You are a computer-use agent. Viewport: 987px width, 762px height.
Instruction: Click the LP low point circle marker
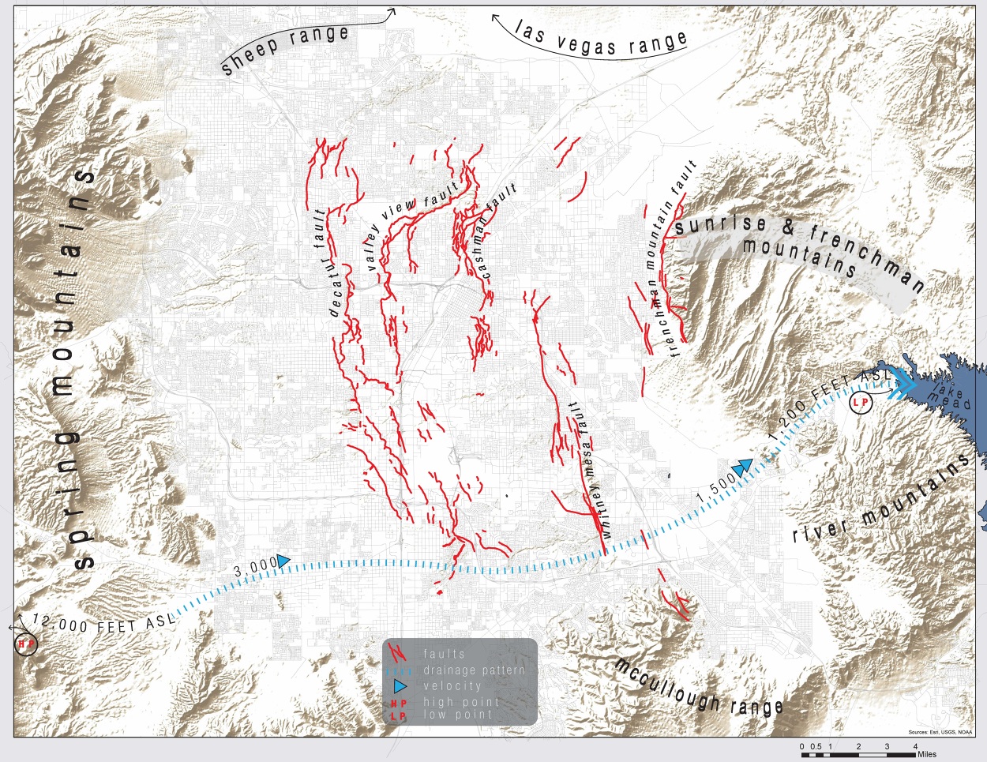pos(861,403)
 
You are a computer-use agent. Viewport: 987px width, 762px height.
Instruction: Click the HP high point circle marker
pos(26,644)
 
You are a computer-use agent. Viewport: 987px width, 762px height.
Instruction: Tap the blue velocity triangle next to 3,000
pos(283,561)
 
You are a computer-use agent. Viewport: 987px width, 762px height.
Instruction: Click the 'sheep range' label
pos(284,49)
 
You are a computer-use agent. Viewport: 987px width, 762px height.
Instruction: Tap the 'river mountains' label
pos(880,501)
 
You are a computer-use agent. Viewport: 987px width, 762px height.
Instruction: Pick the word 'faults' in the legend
pos(444,654)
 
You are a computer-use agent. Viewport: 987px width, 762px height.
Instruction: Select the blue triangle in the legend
pos(403,686)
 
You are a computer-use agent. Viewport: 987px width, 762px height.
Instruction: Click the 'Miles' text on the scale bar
pos(926,755)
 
